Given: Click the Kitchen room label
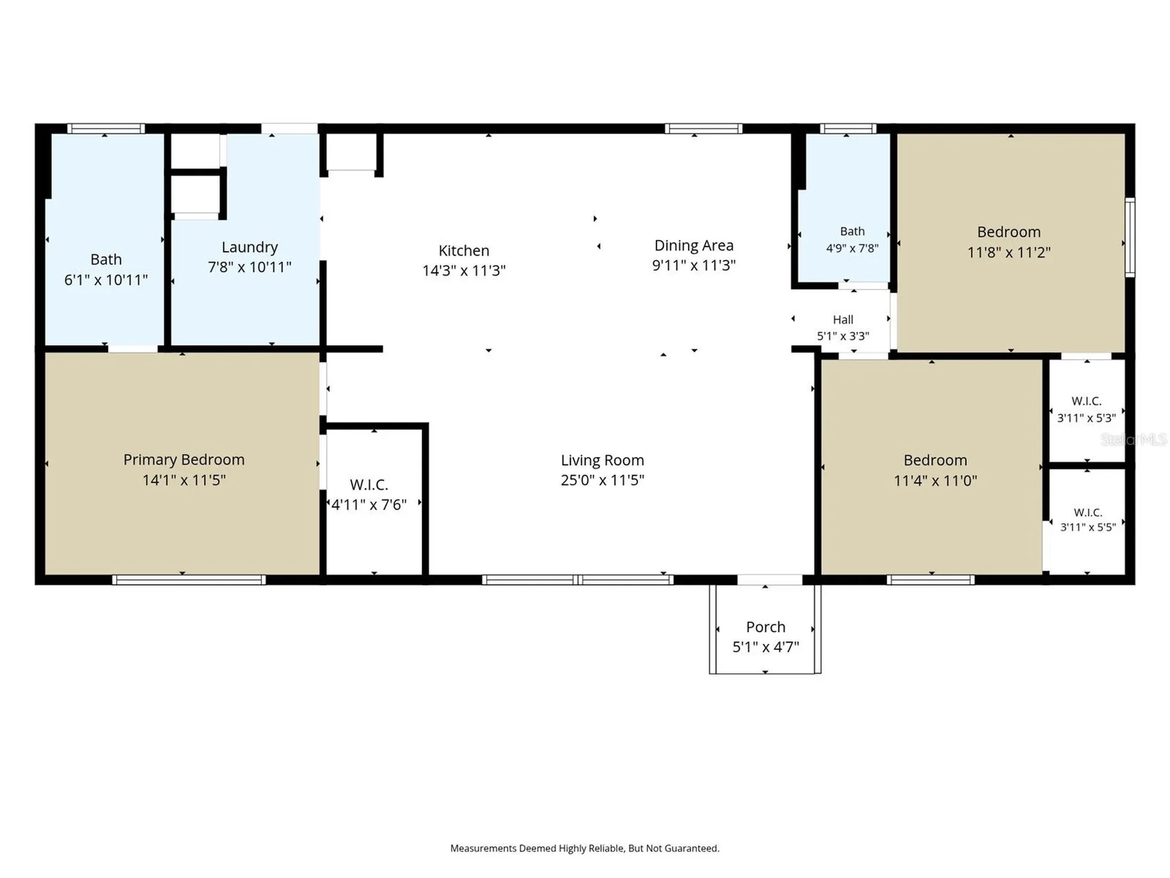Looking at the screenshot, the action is [464, 251].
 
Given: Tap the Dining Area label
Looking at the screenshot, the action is [693, 245].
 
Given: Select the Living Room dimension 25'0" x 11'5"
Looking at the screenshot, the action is [602, 480].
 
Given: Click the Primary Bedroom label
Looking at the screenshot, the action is [183, 460].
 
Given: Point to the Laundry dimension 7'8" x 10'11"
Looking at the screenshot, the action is [250, 267].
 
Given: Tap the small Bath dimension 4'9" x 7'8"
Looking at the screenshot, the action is [852, 248].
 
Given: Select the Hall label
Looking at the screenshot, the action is [843, 319].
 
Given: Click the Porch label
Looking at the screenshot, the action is [765, 627].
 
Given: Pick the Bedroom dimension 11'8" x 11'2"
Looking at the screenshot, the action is [1009, 252].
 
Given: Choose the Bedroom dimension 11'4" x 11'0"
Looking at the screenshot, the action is [935, 480].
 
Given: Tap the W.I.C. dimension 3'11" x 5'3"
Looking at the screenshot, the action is [1087, 418].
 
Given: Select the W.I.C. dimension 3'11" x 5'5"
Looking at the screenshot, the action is [1088, 527].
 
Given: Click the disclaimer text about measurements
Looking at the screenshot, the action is [584, 848].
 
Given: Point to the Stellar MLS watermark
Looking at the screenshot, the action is [1133, 439].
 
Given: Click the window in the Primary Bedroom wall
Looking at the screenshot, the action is [189, 580].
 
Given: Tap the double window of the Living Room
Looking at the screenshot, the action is [578, 580].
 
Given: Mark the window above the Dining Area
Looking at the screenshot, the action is [703, 129].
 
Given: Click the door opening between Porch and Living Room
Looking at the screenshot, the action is [770, 580].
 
